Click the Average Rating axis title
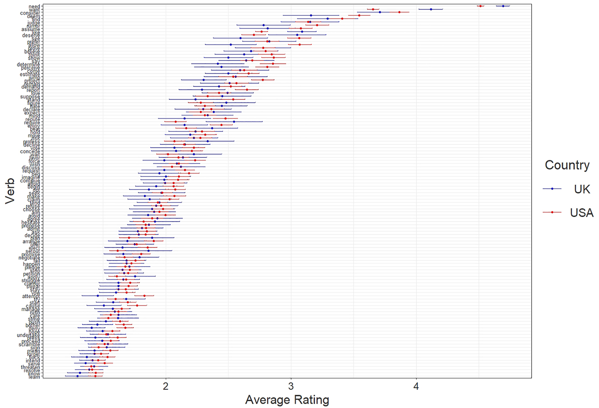point(287,400)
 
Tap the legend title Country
point(567,165)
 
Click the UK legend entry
point(582,189)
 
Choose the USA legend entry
point(582,213)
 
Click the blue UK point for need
point(503,6)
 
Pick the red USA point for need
point(481,6)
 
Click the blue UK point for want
point(431,9)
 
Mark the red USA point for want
point(373,9)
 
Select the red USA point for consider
point(399,12)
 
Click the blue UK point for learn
point(78,376)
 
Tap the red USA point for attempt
point(144,296)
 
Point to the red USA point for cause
point(137,306)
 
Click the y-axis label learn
point(34,377)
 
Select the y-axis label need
point(34,6)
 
